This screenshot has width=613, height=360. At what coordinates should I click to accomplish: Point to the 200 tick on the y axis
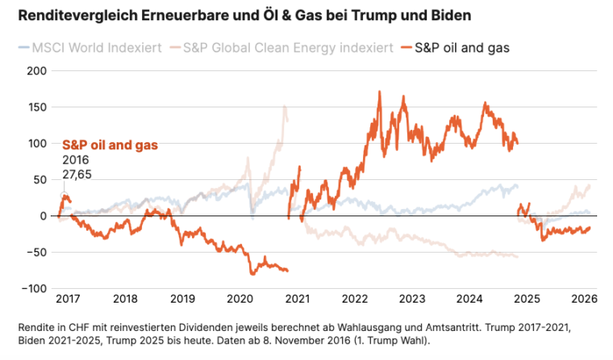[37, 70]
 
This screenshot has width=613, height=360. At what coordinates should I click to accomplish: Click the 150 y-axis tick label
[37, 107]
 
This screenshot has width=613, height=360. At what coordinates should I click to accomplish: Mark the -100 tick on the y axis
[35, 289]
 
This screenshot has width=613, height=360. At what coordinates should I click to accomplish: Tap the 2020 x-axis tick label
[240, 299]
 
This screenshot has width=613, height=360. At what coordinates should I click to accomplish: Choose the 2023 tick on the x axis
[412, 299]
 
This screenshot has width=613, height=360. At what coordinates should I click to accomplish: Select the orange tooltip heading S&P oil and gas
[110, 145]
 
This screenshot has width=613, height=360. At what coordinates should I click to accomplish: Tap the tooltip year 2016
[75, 160]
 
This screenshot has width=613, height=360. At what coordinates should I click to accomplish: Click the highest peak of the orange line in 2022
[379, 92]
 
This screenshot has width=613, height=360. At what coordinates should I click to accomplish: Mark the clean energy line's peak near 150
[285, 106]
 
